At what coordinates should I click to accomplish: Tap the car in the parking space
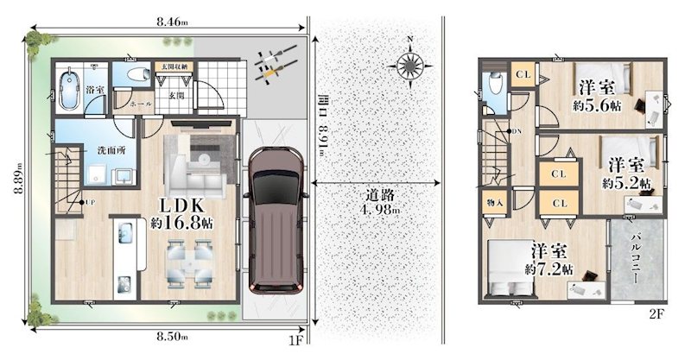pos(274,220)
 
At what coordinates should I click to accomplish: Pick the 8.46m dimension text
pos(168,22)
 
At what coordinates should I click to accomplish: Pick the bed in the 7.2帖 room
pos(503,266)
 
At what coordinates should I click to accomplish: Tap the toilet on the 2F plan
pos(492,85)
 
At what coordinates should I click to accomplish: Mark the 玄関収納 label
pos(176,66)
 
